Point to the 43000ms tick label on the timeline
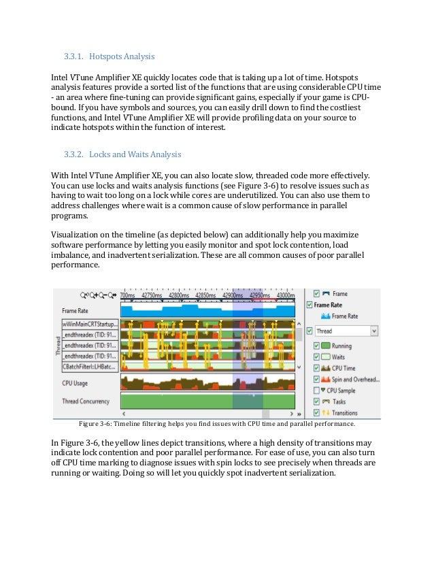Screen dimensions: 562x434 [281, 296]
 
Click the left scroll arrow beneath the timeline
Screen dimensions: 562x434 [124, 413]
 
